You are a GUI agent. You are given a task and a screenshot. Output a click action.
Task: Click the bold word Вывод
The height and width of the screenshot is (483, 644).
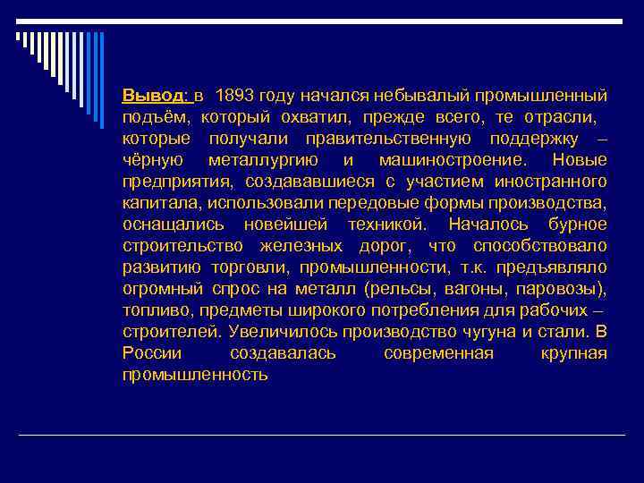[x=152, y=96]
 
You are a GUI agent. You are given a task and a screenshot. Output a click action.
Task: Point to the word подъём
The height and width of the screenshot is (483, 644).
[x=157, y=117]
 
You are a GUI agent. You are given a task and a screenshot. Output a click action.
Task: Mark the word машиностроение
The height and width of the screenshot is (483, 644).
[x=453, y=160]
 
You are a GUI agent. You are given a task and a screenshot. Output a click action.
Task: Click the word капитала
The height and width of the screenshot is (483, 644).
[x=156, y=203]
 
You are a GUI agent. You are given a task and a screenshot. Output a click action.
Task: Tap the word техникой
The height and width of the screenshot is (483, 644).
[x=387, y=225]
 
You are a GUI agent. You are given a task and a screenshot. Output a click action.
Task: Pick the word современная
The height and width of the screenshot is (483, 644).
[x=438, y=353]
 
